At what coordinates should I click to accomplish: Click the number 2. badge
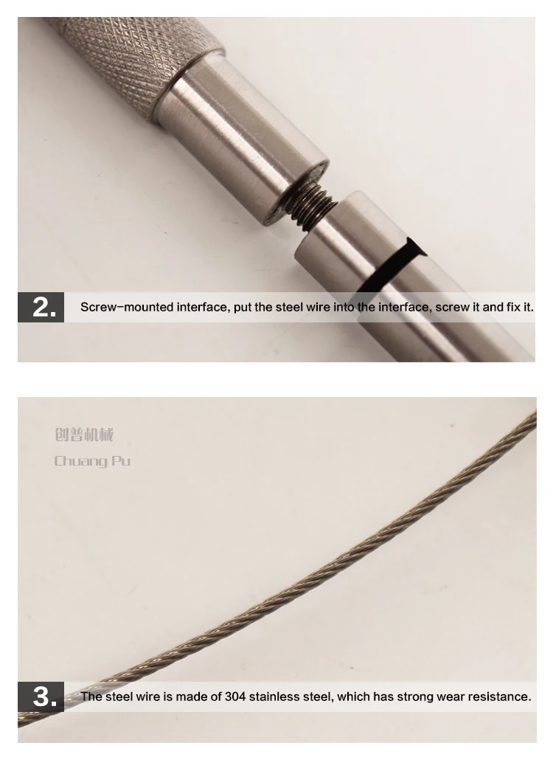pyautogui.click(x=41, y=307)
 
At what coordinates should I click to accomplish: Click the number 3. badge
pyautogui.click(x=41, y=696)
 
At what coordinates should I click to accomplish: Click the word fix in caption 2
pyautogui.click(x=515, y=307)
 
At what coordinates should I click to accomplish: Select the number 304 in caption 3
pyautogui.click(x=235, y=696)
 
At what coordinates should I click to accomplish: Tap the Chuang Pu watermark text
pyautogui.click(x=92, y=461)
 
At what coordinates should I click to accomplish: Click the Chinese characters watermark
pyautogui.click(x=84, y=435)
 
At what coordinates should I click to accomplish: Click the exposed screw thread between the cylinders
pyautogui.click(x=312, y=204)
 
